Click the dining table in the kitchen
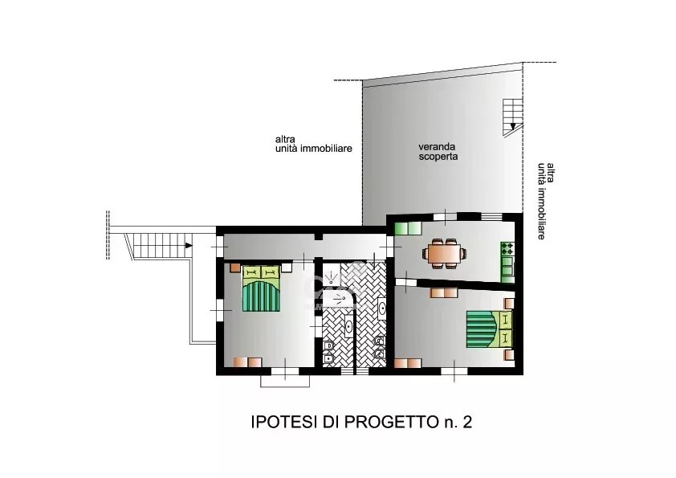tap(445, 253)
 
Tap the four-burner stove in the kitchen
tap(507, 248)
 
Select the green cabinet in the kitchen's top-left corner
tap(408, 228)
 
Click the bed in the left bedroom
tap(261, 288)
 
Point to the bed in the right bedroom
tap(489, 329)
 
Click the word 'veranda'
tap(437, 147)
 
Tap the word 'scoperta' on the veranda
tap(438, 157)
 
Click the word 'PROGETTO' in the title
tap(391, 422)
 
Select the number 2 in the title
tap(467, 422)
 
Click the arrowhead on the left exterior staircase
tap(189, 246)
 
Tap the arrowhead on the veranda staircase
tap(512, 126)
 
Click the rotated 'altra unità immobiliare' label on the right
tap(546, 201)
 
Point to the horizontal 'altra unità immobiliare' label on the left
tap(313, 144)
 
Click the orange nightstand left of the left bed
tap(235, 268)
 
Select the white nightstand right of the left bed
tap(287, 268)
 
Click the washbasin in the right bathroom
tap(382, 308)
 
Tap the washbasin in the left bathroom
tap(348, 327)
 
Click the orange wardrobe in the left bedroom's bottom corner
tap(248, 362)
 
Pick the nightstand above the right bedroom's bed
tap(509, 304)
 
